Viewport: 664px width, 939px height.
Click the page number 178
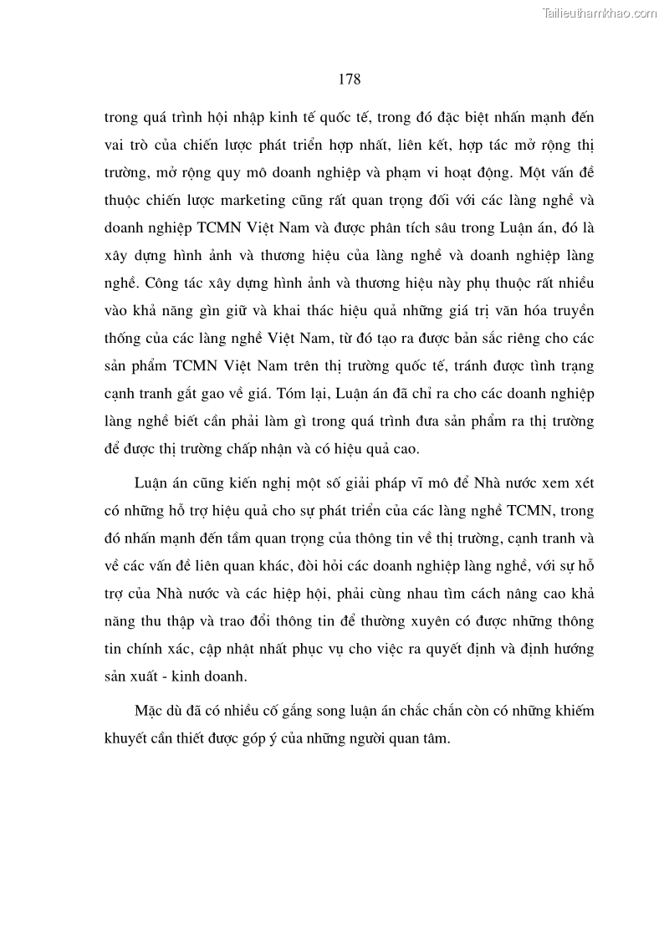coord(350,79)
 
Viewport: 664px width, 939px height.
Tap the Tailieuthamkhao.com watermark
coord(600,13)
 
